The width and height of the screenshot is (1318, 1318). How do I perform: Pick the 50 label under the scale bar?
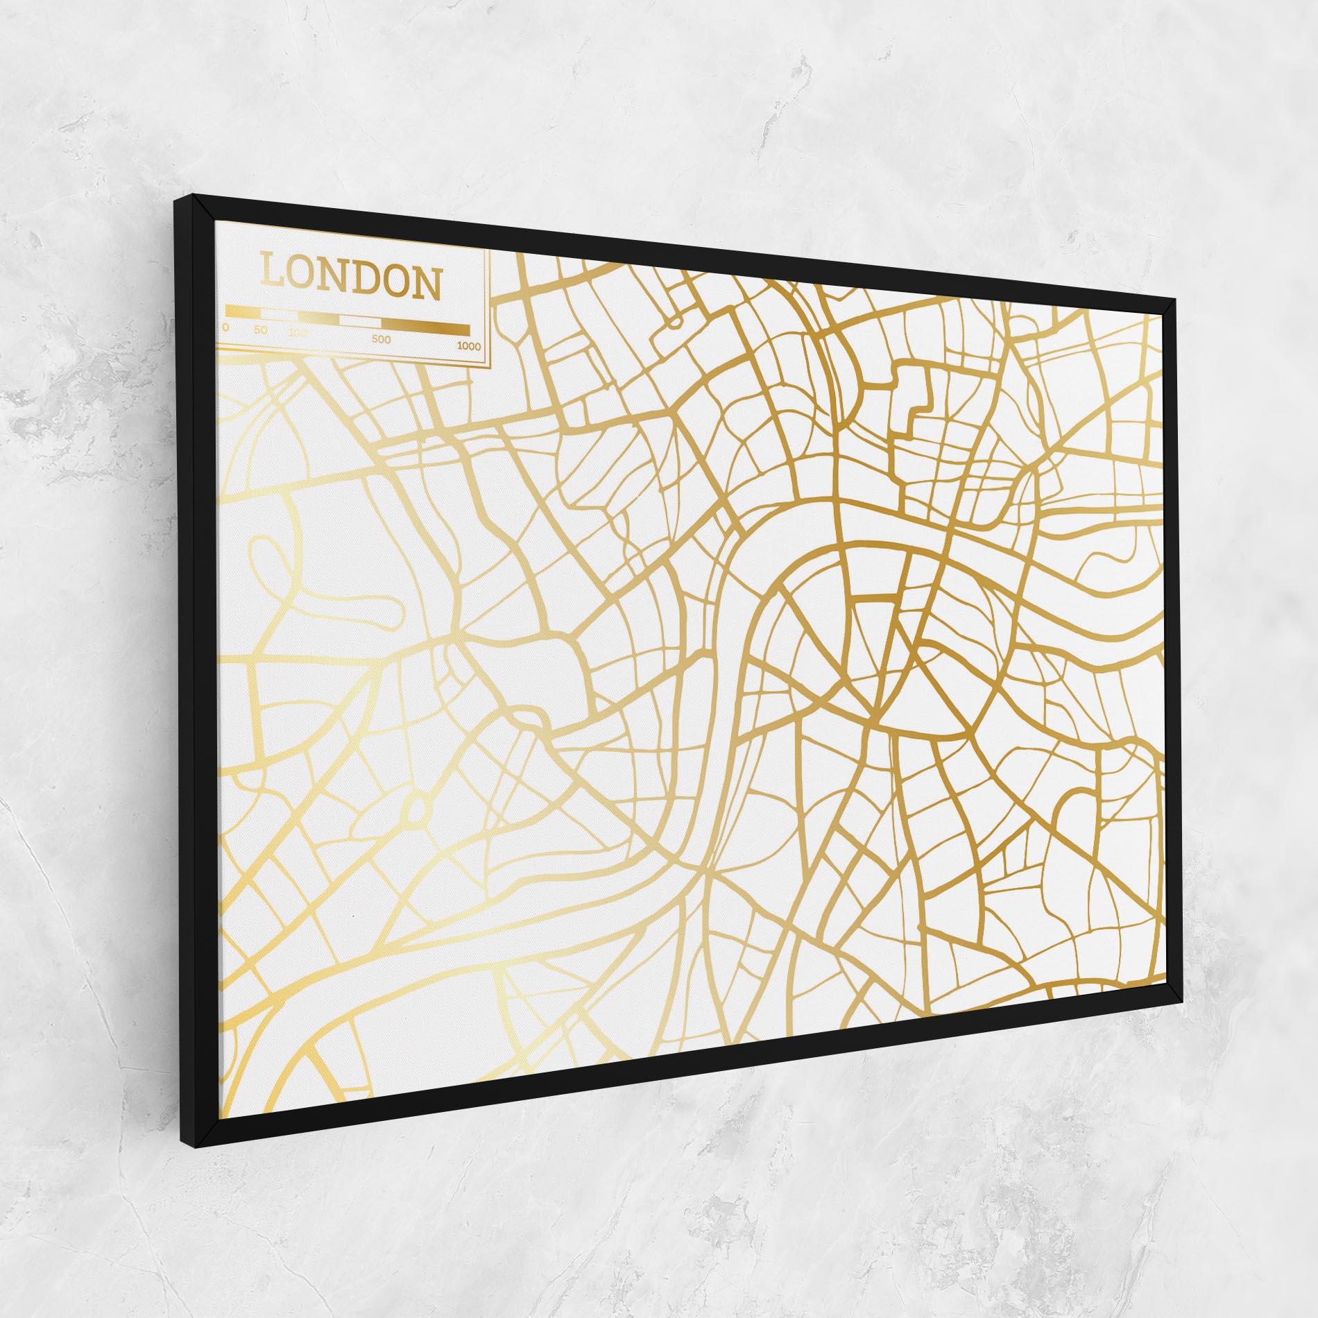pos(260,329)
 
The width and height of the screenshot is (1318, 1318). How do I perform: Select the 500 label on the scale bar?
pos(381,339)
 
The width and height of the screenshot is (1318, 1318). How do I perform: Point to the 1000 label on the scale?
pos(469,345)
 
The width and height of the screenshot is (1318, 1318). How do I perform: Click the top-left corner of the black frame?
pos(172,198)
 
